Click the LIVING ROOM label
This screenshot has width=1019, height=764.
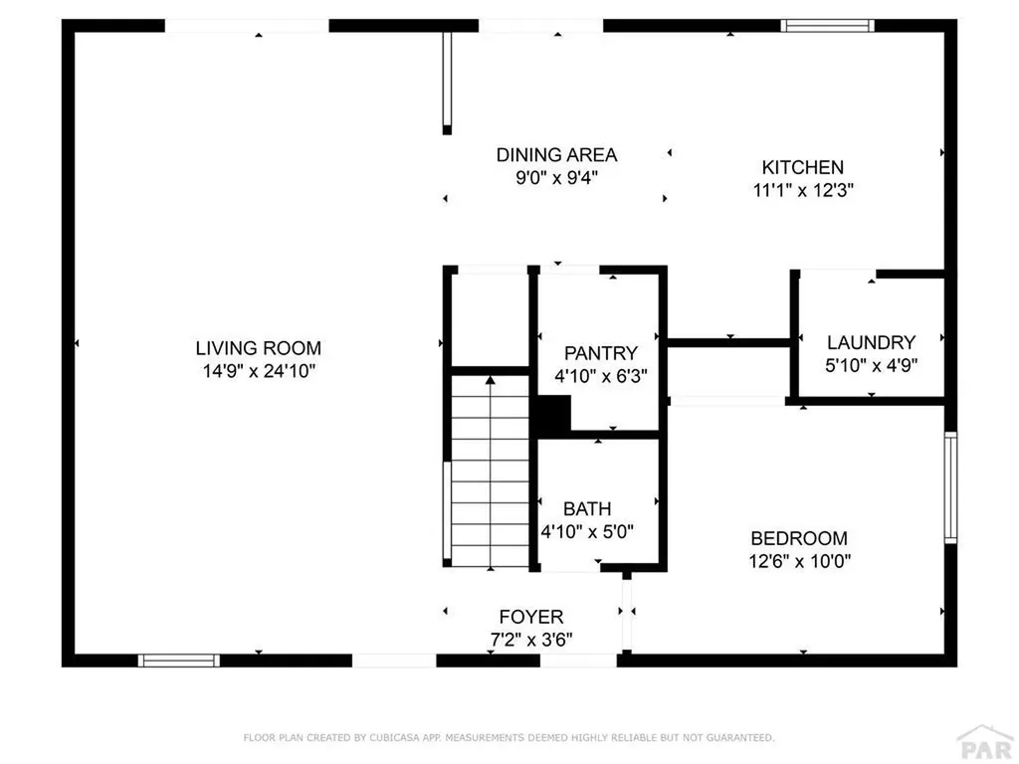pos(258,348)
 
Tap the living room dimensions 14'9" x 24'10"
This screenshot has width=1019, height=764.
pos(258,371)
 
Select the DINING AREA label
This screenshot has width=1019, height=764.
pos(556,155)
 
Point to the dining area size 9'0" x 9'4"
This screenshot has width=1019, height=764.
pos(556,178)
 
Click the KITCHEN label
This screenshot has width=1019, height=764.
pos(802,167)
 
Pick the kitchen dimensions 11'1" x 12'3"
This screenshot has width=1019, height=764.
pos(802,189)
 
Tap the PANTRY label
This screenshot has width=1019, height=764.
pos(600,353)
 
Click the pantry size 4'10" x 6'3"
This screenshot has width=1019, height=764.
pos(600,376)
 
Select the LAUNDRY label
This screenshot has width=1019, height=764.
pos(871,341)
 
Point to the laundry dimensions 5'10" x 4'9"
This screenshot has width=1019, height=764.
pos(871,364)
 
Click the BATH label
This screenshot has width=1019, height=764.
pos(587,508)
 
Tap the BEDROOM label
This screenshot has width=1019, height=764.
pos(799,537)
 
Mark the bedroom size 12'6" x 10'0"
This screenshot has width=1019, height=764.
pos(799,560)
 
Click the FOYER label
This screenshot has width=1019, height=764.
pos(530,617)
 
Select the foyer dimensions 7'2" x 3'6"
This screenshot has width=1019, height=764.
pos(530,639)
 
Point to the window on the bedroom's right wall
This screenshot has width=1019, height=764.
pos(950,487)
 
